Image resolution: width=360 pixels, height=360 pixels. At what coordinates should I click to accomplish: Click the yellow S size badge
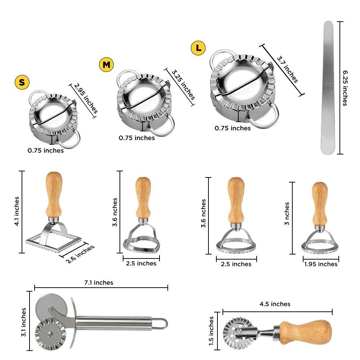pyautogui.click(x=22, y=82)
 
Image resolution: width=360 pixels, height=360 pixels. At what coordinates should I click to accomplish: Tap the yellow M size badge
pyautogui.click(x=106, y=64)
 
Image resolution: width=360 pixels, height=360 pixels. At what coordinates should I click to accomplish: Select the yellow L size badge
pyautogui.click(x=198, y=48)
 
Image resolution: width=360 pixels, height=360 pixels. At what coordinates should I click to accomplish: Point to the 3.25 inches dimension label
pyautogui.click(x=183, y=85)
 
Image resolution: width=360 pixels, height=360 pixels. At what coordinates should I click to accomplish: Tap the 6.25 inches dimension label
pyautogui.click(x=345, y=88)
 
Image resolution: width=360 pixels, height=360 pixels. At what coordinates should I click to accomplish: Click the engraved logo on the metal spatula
pyautogui.click(x=328, y=85)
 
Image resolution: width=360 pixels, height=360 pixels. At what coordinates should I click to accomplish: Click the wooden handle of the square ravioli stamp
pyautogui.click(x=54, y=194)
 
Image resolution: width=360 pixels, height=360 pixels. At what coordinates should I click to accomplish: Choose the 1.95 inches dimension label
pyautogui.click(x=321, y=264)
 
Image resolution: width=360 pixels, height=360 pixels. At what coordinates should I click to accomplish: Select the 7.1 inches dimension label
pyautogui.click(x=99, y=283)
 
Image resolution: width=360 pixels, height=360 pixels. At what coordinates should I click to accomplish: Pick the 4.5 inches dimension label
pyautogui.click(x=275, y=304)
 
